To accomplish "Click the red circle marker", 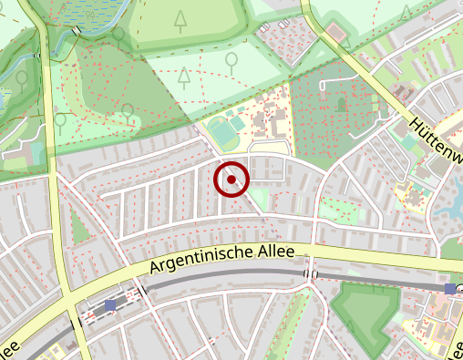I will coord(232,180).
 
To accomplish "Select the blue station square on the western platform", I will coord(111,305).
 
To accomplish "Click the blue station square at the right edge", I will coord(449,288).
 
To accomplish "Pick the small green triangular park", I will coord(79,227).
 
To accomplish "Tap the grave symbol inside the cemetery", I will coord(343,104).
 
